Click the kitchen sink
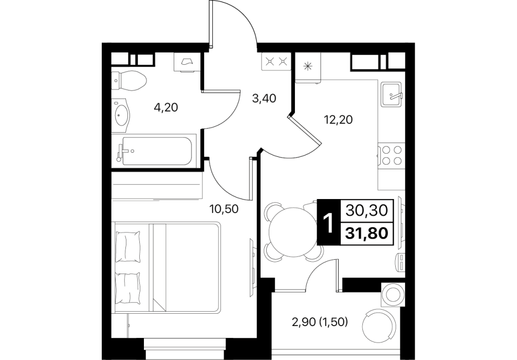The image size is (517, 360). pos(392,94)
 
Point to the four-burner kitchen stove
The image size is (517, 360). pos(392,155)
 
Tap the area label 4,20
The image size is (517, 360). pos(166,107)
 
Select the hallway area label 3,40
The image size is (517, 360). pos(264,98)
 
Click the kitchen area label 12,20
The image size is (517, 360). pos(338,119)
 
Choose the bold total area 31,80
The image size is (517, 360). pos(366,233)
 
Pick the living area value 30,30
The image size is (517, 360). pos(366,210)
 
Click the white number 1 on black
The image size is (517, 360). pos(328,223)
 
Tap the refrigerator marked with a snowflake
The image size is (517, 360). pos(308,67)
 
